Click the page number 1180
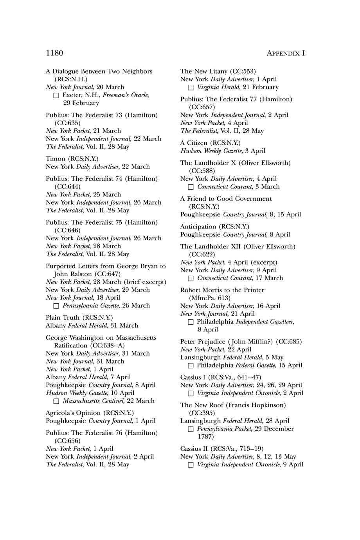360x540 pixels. tap(54, 53)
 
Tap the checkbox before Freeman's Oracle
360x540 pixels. tap(56, 95)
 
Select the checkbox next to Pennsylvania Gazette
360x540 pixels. tap(56, 306)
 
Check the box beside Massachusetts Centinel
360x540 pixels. tap(56, 401)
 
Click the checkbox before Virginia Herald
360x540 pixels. tap(191, 87)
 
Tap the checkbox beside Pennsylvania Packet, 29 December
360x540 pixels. tap(191, 429)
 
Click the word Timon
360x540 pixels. tap(56, 158)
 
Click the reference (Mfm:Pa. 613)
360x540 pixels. tap(210, 298)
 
